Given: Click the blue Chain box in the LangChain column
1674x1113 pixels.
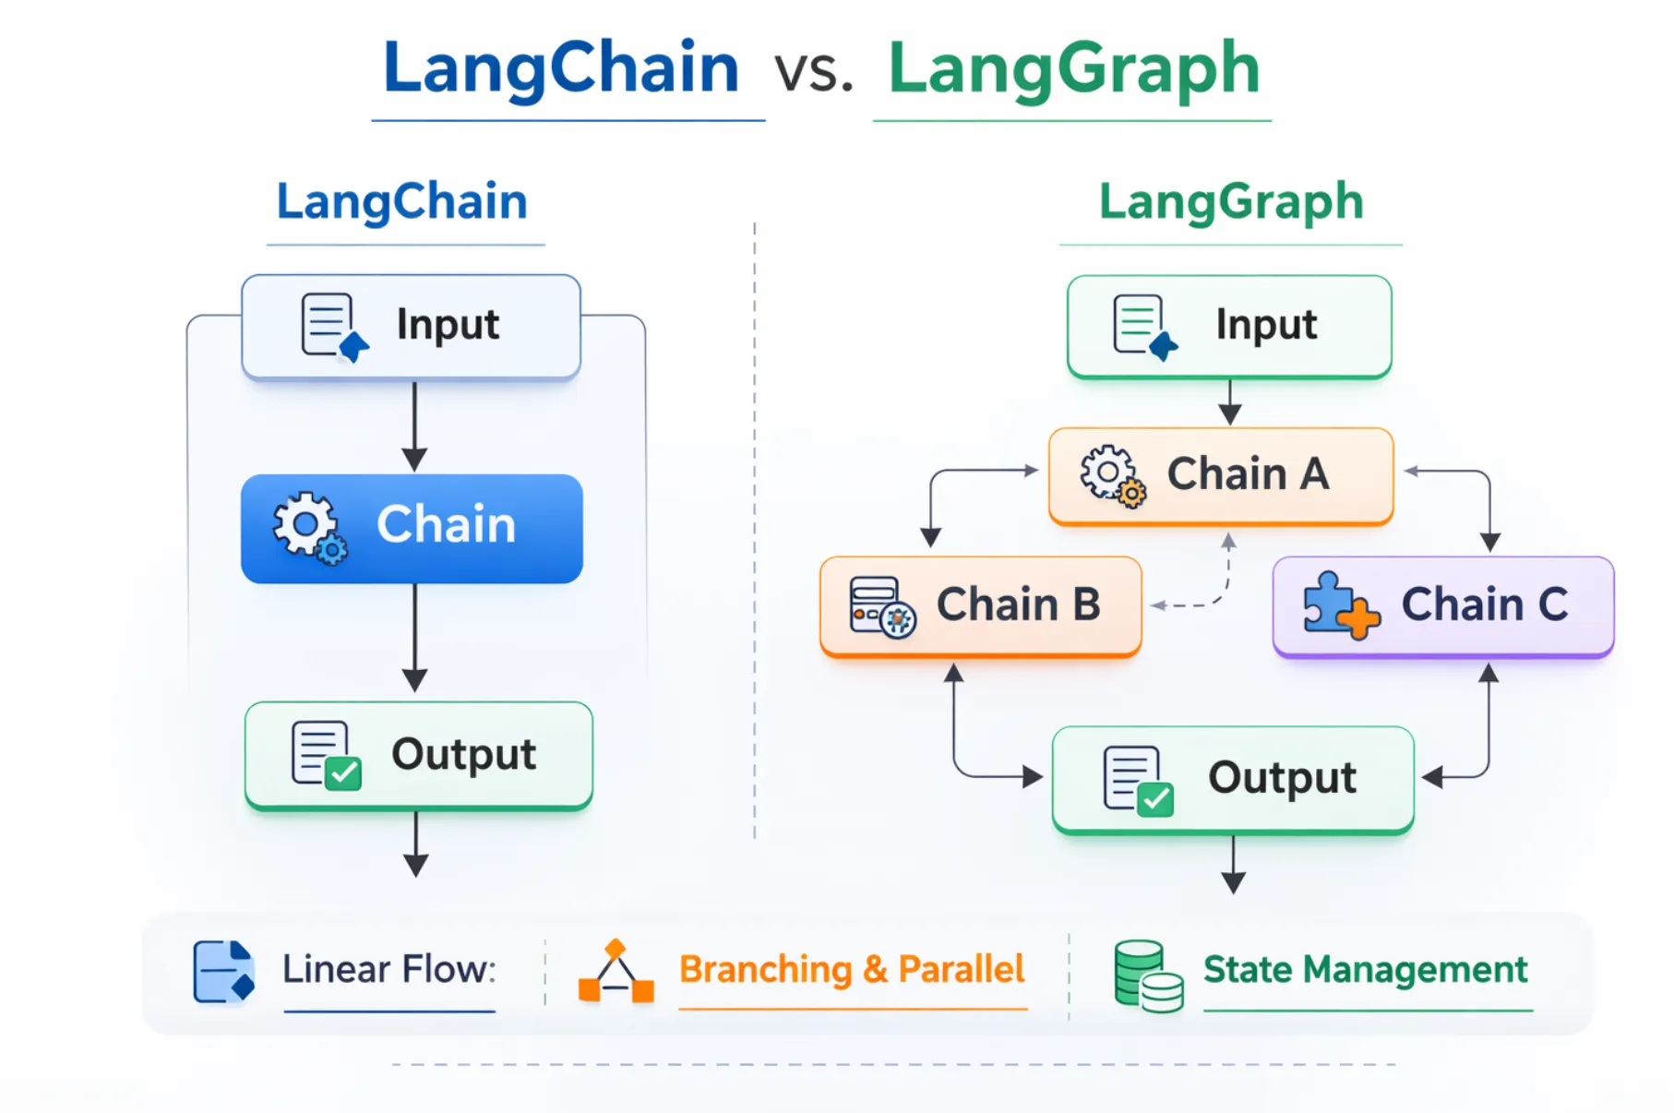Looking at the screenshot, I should click(x=412, y=528).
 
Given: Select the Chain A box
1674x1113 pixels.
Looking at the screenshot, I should click(x=1220, y=475).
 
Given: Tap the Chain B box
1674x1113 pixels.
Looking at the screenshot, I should click(x=980, y=606).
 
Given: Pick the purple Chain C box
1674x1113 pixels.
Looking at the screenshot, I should click(x=1443, y=606).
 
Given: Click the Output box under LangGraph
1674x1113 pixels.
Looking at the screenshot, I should click(x=1233, y=779).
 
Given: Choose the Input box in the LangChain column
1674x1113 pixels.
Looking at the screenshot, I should click(x=412, y=326).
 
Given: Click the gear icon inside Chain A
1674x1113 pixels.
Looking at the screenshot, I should click(x=1111, y=475).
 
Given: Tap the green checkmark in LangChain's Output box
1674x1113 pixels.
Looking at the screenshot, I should click(x=343, y=772).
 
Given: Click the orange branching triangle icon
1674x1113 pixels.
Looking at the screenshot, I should click(x=616, y=973).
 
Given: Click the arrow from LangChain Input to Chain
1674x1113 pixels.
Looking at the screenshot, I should click(x=414, y=425).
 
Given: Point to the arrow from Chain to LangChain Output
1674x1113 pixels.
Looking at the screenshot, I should click(x=414, y=637).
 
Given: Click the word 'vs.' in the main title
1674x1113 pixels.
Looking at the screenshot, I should click(x=813, y=72).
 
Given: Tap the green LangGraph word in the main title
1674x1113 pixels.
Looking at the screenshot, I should click(x=1073, y=69).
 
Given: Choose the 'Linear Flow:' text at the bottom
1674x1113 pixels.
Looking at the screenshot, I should click(x=389, y=969).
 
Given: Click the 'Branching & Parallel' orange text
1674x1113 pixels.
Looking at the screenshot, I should click(x=851, y=969).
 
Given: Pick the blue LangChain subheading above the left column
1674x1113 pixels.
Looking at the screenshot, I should click(x=402, y=202).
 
